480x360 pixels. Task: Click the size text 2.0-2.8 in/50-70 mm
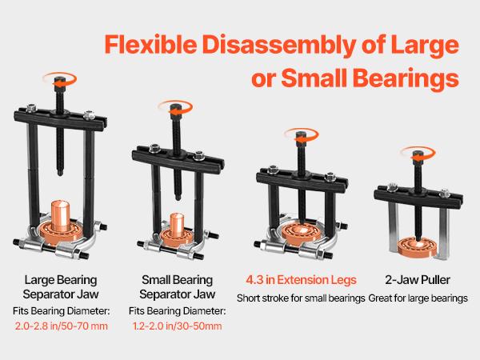60,326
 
